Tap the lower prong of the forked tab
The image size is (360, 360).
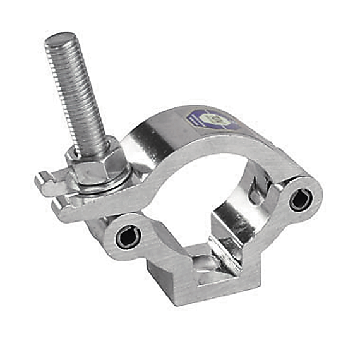click(x=63, y=207)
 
